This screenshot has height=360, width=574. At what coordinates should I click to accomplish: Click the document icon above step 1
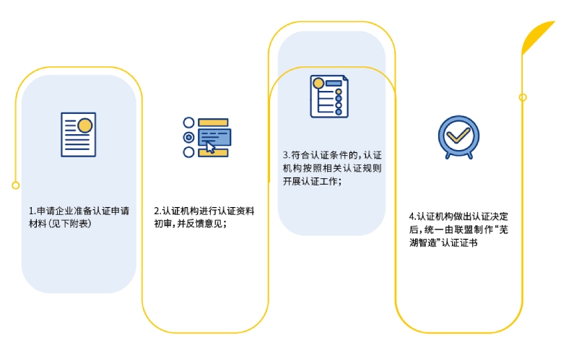point(79,135)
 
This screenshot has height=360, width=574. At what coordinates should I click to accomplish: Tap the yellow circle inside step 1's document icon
point(85,126)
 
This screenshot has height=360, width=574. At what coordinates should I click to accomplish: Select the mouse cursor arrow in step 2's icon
point(210,147)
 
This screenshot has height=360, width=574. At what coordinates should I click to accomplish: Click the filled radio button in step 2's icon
point(188,137)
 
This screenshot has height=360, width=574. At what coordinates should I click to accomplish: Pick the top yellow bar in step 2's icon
point(213,122)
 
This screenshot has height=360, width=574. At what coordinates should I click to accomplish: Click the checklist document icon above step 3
point(329,96)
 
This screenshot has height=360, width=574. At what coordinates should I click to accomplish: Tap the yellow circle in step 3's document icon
point(318,84)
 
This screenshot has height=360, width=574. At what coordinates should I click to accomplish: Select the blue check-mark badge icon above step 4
point(458,137)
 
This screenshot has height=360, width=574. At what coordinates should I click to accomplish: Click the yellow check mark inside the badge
point(458,135)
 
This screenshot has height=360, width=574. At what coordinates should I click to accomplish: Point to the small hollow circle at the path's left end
point(15,185)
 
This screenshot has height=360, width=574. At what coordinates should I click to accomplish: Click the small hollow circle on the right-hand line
point(523,97)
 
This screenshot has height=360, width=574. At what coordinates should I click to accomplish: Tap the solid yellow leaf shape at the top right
point(538,37)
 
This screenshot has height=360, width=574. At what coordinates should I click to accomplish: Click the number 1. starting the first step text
point(32,211)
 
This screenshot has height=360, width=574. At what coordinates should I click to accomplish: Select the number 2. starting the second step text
point(158,211)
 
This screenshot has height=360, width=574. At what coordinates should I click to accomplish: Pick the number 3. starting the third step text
point(287,155)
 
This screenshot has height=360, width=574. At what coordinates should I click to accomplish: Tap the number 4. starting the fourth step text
point(413,216)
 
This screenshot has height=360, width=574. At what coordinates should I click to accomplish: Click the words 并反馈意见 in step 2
point(199,224)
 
